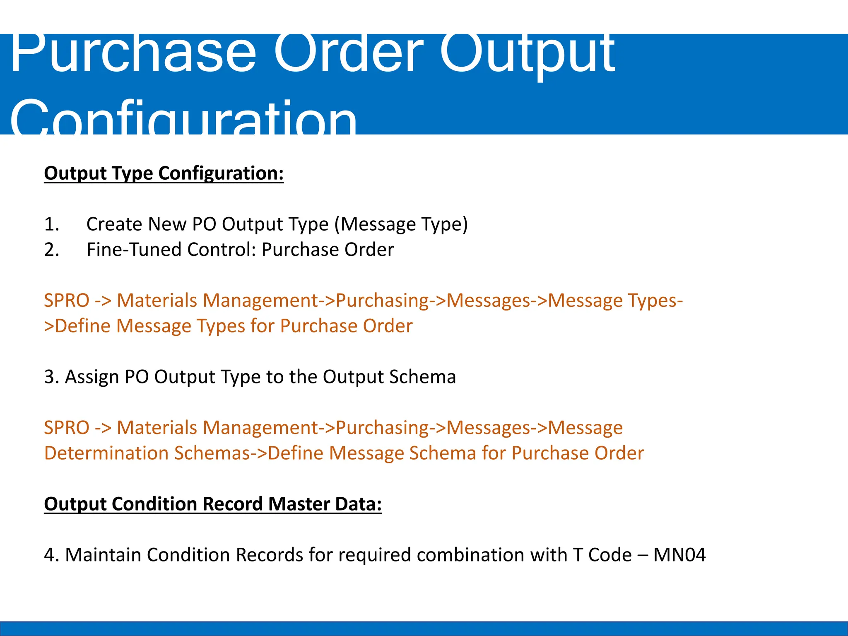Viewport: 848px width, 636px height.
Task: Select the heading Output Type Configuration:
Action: tap(164, 173)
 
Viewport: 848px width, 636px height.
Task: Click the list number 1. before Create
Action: tap(52, 224)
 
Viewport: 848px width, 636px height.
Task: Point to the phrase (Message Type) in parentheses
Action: tap(401, 224)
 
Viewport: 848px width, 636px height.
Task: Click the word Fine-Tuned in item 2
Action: tap(134, 250)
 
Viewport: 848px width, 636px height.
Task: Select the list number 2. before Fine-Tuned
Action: tap(52, 250)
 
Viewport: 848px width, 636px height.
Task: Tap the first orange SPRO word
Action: tap(67, 301)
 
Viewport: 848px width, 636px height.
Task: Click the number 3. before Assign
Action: tap(51, 377)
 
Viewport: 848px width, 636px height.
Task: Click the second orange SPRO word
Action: tap(67, 428)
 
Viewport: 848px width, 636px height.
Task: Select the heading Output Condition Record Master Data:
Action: tap(213, 504)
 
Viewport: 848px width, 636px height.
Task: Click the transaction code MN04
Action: tap(679, 555)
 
